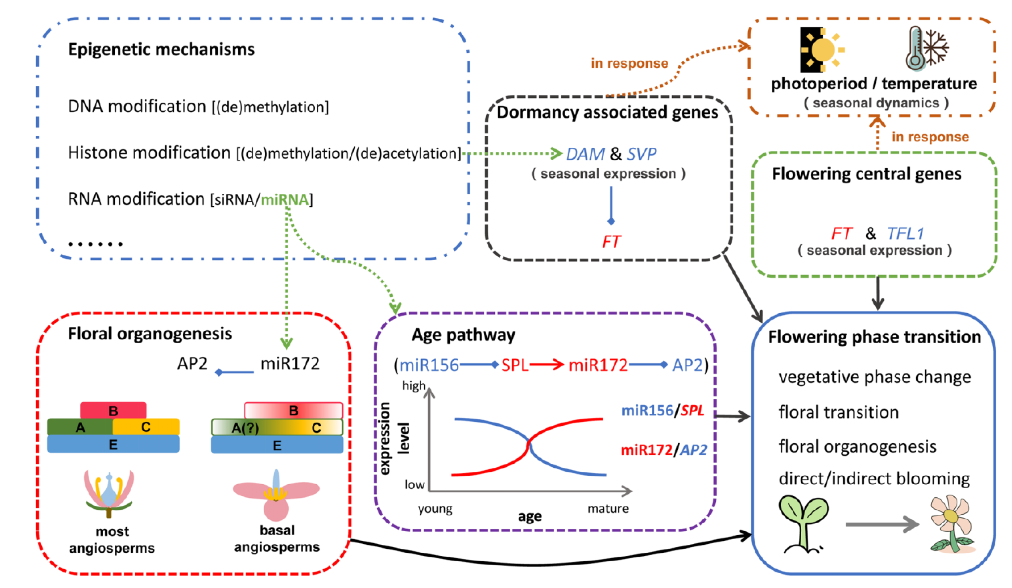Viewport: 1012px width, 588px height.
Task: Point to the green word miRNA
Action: (x=285, y=199)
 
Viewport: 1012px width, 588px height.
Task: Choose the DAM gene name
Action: (x=585, y=154)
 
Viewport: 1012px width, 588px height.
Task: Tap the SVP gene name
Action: (x=641, y=154)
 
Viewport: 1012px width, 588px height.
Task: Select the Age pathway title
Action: (x=463, y=335)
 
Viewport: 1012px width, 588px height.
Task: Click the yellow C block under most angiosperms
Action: (x=146, y=427)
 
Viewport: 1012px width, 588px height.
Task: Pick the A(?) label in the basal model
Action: (x=245, y=428)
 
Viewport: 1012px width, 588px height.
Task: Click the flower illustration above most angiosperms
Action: (x=109, y=494)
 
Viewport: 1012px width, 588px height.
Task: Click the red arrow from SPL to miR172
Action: (x=546, y=364)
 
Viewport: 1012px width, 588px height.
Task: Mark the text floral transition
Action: (x=838, y=412)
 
